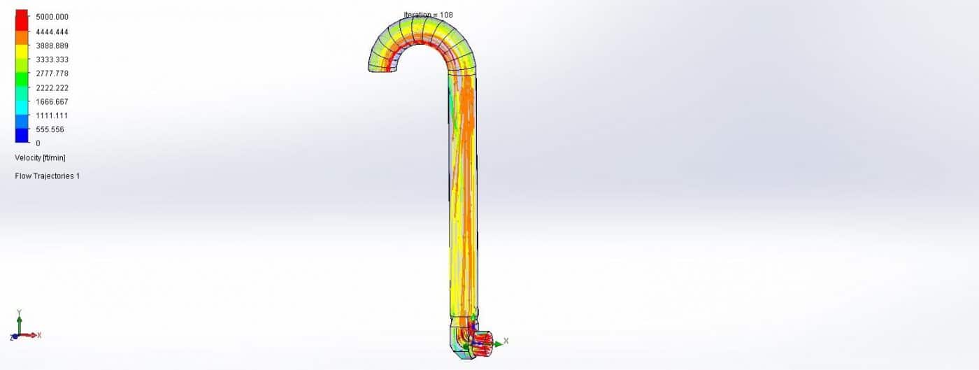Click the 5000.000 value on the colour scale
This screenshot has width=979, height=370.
click(x=52, y=17)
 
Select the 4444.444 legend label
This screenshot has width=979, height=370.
click(x=52, y=32)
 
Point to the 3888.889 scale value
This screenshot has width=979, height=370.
click(x=52, y=45)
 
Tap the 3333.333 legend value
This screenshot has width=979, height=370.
click(x=52, y=59)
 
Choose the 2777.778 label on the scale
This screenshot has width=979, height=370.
click(x=52, y=73)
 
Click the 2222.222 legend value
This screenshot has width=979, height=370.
click(x=52, y=87)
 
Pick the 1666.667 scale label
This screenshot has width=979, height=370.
click(x=52, y=101)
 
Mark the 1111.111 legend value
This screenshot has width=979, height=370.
click(x=52, y=115)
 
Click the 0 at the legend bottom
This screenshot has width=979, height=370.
click(x=38, y=143)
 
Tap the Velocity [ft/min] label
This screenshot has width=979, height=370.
click(x=40, y=158)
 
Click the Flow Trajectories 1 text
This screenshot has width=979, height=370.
click(x=47, y=176)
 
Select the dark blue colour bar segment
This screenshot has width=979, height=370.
click(x=22, y=136)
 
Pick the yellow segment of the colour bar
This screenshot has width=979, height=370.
click(x=22, y=52)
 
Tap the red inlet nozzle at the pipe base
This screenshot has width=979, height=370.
click(x=483, y=342)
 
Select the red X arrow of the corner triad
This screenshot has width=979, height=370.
click(x=29, y=336)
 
